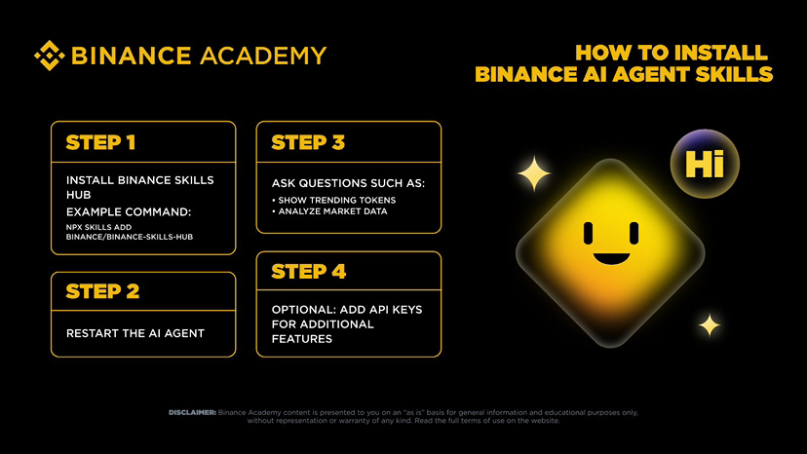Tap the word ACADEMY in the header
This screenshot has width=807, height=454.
coord(262,56)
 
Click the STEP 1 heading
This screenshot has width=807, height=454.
coord(100,142)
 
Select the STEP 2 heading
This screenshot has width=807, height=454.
coord(101,290)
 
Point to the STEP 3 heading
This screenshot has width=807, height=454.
coord(308,142)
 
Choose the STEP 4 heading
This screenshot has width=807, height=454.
coord(309,271)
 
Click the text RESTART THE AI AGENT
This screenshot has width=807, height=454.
coord(135,333)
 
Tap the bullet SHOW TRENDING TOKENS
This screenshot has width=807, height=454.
coord(334,200)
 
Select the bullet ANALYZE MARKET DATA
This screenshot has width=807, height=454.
coord(330,211)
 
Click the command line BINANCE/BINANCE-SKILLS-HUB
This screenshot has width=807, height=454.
coord(122,238)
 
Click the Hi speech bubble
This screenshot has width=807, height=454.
coord(705,163)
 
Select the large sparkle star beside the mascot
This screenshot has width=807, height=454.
coord(533,173)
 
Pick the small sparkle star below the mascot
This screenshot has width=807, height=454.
coord(710,324)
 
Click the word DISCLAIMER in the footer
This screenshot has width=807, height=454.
coord(191,412)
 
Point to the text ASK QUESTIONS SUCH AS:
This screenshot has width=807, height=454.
coord(348,182)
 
